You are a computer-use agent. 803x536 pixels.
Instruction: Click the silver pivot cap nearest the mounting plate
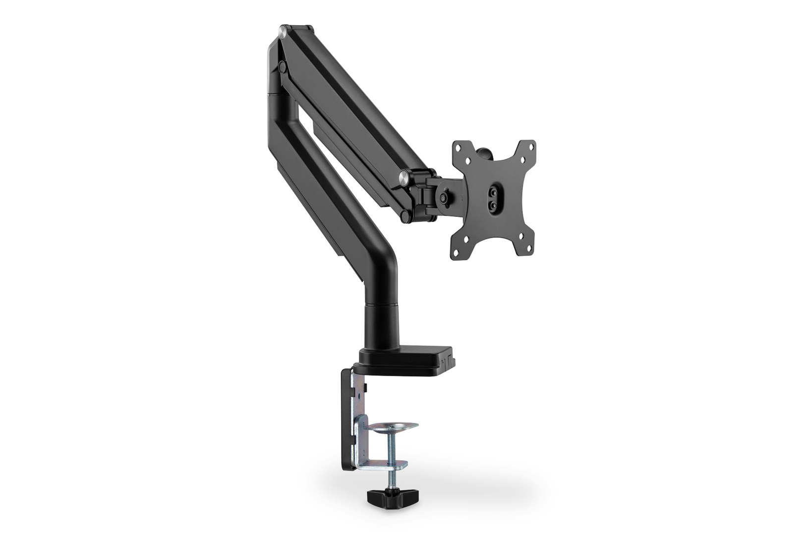click(x=404, y=176)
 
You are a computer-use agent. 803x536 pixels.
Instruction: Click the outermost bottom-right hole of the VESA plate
click(x=528, y=248)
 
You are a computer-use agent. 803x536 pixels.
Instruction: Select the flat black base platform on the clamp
click(x=416, y=355)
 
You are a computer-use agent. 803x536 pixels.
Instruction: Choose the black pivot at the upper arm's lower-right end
click(x=405, y=214)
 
